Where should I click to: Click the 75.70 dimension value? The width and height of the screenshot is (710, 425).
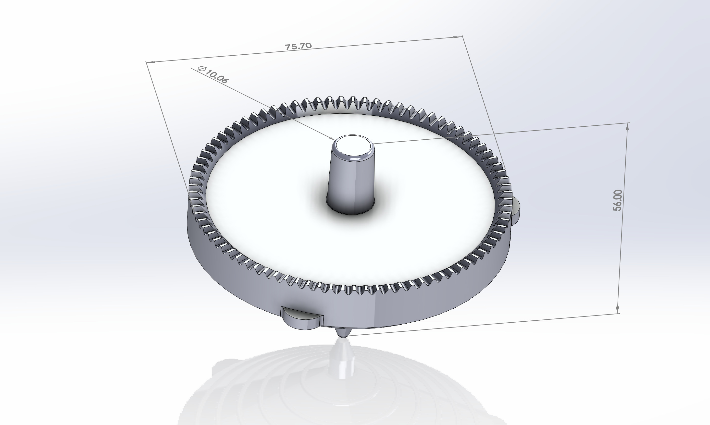(298, 46)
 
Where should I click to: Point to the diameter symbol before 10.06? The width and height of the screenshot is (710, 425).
(201, 69)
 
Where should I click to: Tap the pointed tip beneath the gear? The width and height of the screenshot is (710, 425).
(343, 333)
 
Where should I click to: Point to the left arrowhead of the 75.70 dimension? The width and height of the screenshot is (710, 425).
(150, 61)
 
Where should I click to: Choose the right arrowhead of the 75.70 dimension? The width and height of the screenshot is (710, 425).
(458, 37)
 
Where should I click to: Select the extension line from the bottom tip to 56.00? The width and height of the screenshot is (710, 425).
(487, 323)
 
